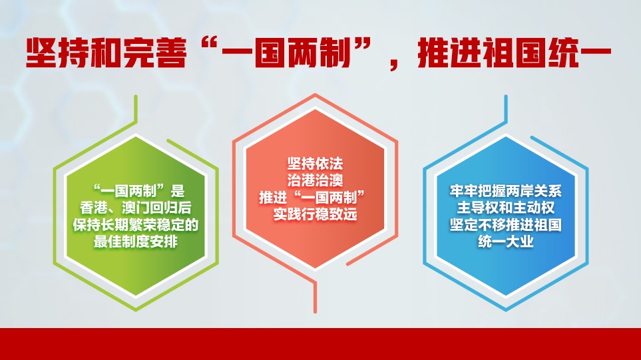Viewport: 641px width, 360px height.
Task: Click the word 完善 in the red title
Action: [155, 53]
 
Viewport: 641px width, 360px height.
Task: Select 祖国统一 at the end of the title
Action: [547, 53]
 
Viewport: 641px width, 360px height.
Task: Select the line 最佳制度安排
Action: [136, 242]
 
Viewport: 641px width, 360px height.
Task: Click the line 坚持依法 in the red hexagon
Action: [315, 164]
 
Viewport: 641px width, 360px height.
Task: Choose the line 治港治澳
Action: [315, 180]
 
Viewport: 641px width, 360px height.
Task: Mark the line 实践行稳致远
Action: [315, 214]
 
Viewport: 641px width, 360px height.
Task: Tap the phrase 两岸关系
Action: [533, 191]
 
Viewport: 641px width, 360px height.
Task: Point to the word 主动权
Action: [533, 208]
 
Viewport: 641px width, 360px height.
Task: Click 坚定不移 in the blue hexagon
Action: [477, 225]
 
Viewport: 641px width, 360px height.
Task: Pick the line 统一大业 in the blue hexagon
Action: [506, 242]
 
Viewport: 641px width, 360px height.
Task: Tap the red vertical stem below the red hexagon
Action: [315, 297]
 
